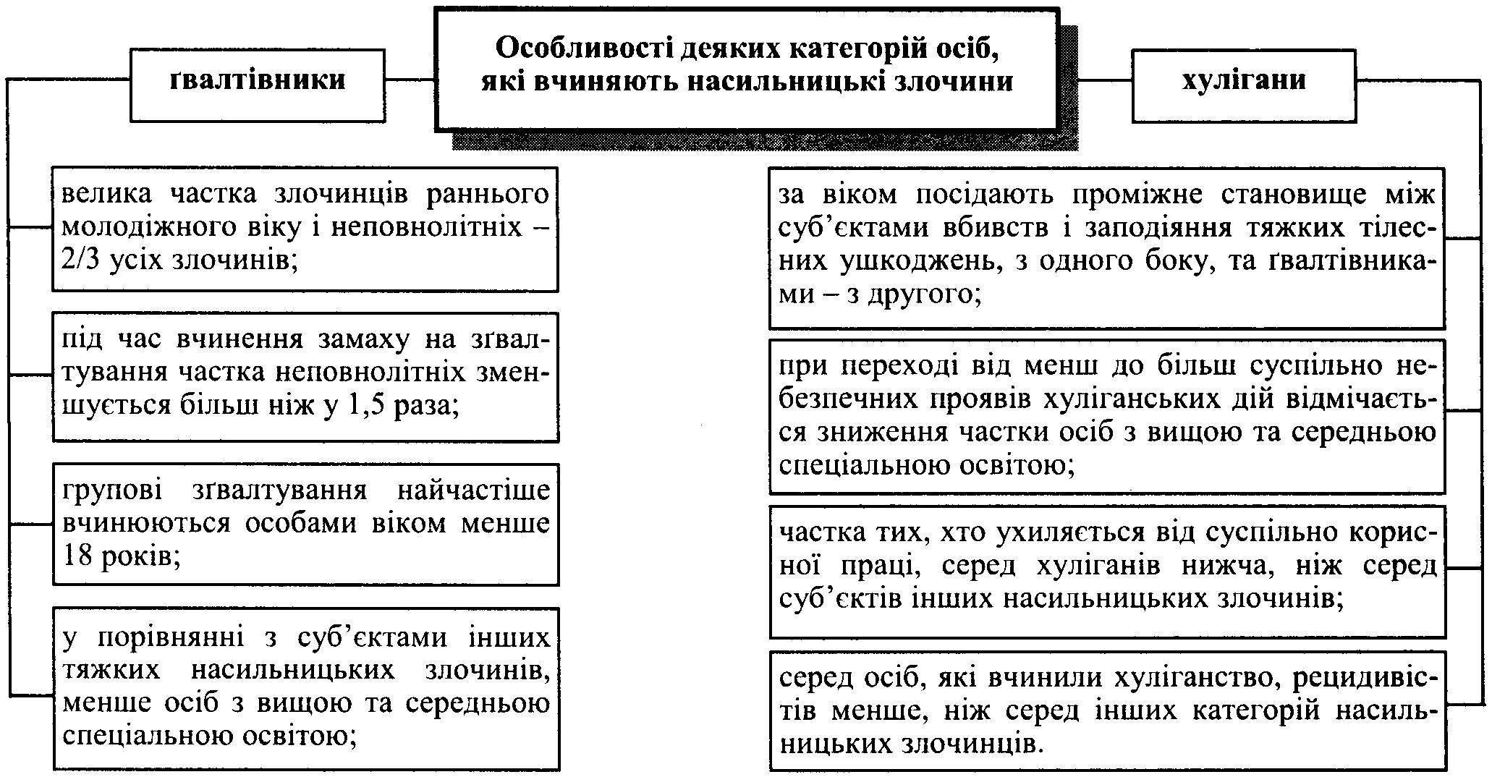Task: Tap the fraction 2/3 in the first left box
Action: click(85, 260)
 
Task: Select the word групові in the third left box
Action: click(110, 491)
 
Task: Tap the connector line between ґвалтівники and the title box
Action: click(410, 80)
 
